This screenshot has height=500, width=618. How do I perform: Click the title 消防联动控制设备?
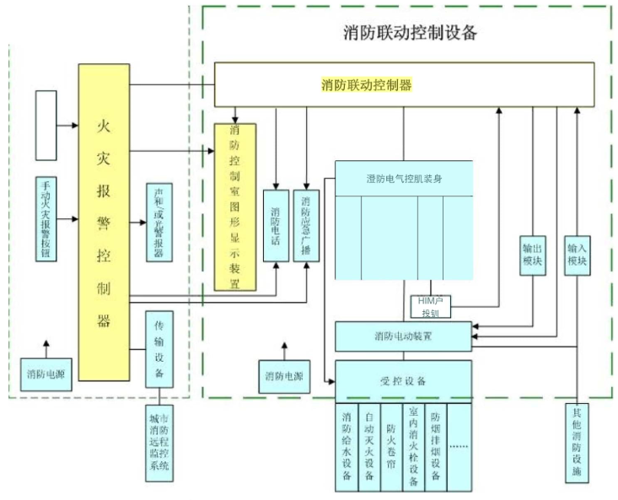tap(411, 33)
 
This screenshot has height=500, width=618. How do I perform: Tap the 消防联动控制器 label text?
tap(366, 85)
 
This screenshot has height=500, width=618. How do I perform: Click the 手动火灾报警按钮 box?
tap(46, 219)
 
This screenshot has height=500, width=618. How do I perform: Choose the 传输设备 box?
tap(159, 349)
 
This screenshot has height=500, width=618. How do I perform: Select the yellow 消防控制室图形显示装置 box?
tap(234, 207)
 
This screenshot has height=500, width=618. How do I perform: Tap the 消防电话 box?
tap(276, 225)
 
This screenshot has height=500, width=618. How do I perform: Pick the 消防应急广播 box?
tap(305, 225)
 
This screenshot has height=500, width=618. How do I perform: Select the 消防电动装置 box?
tap(403, 336)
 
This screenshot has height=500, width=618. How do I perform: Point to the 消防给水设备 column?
tap(347, 447)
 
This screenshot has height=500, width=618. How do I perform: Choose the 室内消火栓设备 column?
tap(413, 447)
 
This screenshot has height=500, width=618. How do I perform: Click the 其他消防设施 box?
tap(577, 443)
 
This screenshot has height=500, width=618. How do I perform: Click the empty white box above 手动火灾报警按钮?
tap(46, 126)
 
